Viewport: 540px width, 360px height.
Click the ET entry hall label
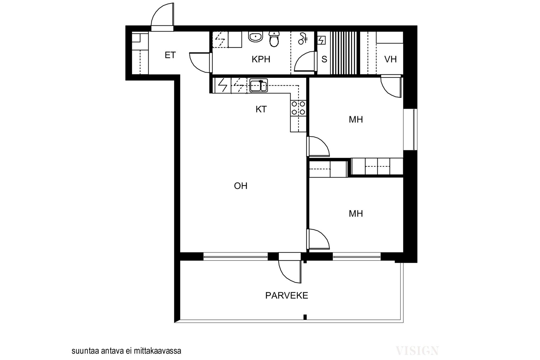click(170, 55)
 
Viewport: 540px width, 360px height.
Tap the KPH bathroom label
click(261, 59)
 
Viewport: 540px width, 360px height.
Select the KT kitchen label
click(261, 109)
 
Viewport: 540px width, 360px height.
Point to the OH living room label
click(240, 186)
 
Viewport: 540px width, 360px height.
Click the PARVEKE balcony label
click(287, 296)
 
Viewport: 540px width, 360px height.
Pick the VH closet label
click(390, 59)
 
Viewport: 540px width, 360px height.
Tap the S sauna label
click(324, 59)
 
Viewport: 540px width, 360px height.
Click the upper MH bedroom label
click(356, 120)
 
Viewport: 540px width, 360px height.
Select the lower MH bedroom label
click(356, 214)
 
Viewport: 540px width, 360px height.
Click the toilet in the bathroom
click(274, 39)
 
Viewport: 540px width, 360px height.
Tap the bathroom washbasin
click(256, 37)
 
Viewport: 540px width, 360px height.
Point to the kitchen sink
click(258, 86)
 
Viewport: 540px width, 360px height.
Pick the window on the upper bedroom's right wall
click(410, 129)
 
